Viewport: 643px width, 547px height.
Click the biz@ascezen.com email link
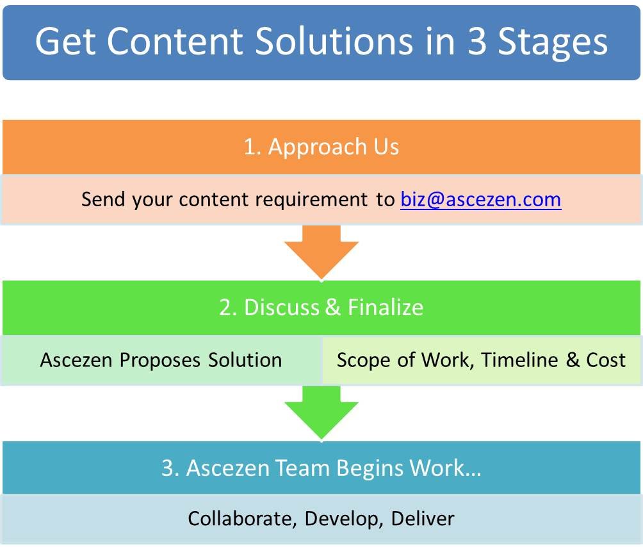[480, 200]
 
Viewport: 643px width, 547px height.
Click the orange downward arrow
[321, 252]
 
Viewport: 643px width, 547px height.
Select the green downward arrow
[321, 412]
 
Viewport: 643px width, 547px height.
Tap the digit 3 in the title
[477, 41]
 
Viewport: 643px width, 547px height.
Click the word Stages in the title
[552, 42]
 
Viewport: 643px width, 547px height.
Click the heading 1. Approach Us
[321, 147]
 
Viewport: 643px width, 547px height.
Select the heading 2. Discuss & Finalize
[321, 307]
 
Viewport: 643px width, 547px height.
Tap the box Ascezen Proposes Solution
[161, 360]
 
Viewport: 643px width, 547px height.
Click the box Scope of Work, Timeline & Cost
[482, 360]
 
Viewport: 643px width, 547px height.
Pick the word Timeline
[519, 360]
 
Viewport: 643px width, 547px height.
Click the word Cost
[606, 360]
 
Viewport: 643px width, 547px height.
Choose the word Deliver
[423, 519]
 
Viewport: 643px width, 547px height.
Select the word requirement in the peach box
[311, 200]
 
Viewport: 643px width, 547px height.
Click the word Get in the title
[65, 41]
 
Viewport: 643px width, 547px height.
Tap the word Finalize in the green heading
[386, 307]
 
